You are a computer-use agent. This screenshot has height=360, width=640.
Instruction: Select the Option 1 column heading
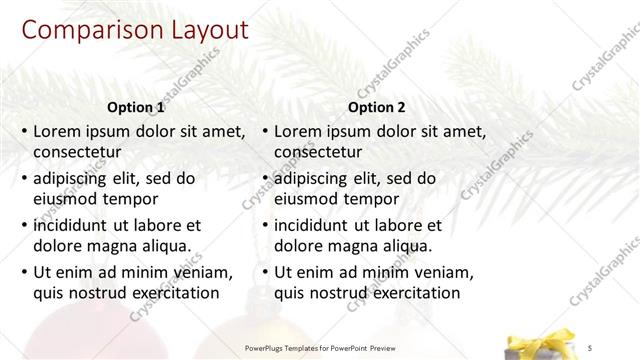point(135,107)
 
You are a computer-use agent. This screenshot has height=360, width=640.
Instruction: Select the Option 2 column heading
point(376,107)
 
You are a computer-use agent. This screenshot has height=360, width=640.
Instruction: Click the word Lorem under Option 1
point(57,131)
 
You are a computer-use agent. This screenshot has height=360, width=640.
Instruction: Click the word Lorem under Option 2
point(298,131)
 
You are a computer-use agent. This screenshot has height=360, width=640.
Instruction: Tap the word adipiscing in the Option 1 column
point(76,178)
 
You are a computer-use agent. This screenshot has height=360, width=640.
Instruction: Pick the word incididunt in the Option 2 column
point(316,225)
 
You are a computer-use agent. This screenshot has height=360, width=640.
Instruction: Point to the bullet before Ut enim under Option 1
point(24,272)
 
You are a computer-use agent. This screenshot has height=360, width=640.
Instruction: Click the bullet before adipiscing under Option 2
point(265,178)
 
